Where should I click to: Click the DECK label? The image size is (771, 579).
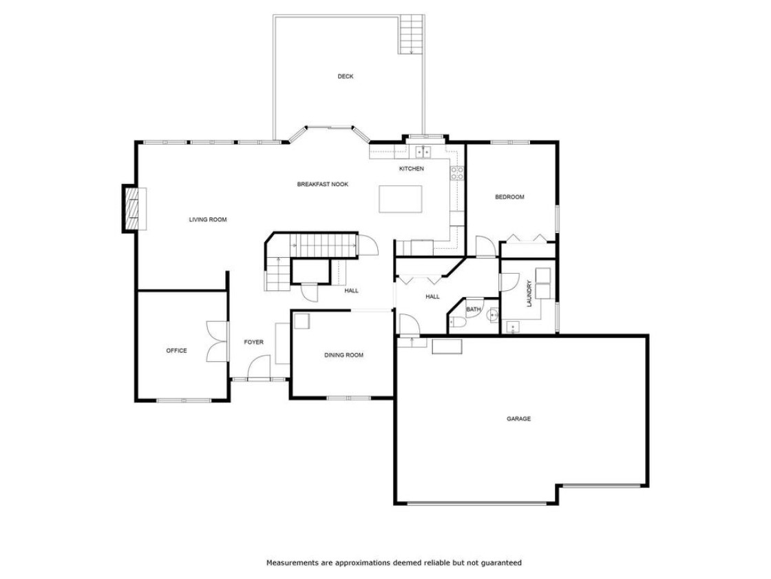click(x=345, y=77)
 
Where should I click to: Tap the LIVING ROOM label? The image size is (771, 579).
click(x=208, y=220)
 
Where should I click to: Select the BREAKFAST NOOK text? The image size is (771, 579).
click(x=323, y=184)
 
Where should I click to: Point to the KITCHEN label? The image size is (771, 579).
click(x=411, y=168)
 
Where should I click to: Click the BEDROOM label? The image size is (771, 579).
click(x=509, y=197)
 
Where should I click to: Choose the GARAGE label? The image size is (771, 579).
click(x=519, y=418)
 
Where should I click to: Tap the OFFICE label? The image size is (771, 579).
click(x=176, y=351)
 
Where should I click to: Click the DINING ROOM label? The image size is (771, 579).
click(x=344, y=355)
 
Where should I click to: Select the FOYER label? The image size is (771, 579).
click(x=254, y=342)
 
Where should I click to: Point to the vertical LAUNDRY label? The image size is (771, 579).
click(x=529, y=294)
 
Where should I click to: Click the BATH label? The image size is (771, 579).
click(x=474, y=309)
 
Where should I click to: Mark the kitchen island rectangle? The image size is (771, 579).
click(x=400, y=199)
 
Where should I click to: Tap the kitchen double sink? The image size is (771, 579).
click(x=423, y=152)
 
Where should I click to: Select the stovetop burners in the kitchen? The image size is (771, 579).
click(x=457, y=173)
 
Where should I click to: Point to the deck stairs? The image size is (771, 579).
click(x=411, y=34)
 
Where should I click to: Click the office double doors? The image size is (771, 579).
click(x=218, y=342)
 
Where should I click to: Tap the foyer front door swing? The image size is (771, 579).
click(x=258, y=368)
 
